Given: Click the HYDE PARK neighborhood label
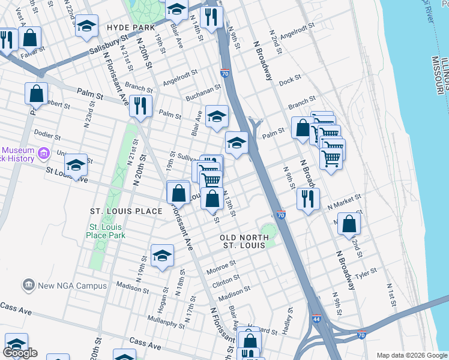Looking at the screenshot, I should [x=131, y=28].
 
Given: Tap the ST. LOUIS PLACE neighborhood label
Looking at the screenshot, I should [x=126, y=211].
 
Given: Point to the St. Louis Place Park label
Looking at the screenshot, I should [x=107, y=231].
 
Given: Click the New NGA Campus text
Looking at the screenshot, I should [x=72, y=286].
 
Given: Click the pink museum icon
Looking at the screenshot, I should [x=43, y=154].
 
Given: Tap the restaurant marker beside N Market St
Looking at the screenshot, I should [x=308, y=200].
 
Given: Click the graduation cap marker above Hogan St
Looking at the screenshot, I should [x=162, y=256].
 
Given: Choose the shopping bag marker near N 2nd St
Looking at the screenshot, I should [x=349, y=224].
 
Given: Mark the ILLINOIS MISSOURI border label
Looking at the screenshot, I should [x=441, y=75].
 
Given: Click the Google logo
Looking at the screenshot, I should [x=21, y=353].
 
